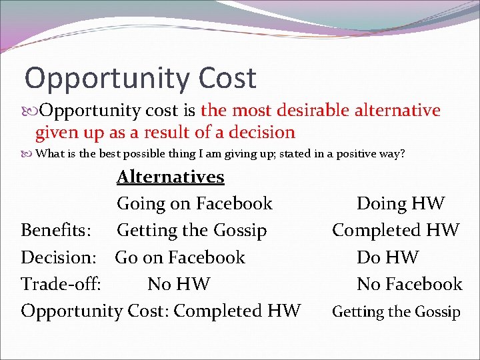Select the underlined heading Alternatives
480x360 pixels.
(171, 177)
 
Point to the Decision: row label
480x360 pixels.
(57, 257)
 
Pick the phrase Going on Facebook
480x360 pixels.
(195, 203)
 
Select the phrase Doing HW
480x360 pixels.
(400, 203)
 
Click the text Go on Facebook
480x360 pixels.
(180, 257)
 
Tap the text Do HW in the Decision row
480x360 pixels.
(388, 257)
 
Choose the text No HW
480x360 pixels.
(179, 284)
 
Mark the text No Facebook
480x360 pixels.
(409, 284)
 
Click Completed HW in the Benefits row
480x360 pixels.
(396, 231)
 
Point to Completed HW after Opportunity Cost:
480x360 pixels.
(237, 311)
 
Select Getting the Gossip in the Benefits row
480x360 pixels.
(192, 231)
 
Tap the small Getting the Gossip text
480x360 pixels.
(396, 311)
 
